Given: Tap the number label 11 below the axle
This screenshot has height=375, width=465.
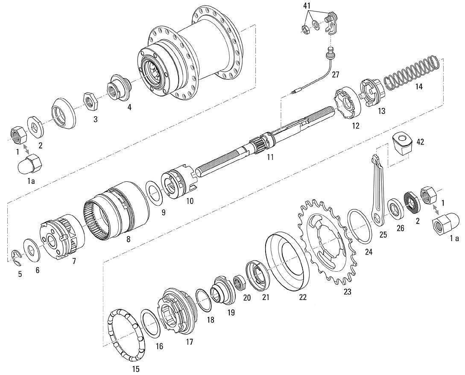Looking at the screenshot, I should (270, 157).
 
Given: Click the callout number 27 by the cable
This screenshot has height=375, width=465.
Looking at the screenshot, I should (335, 75).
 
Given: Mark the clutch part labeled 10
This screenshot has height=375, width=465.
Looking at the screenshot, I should (176, 183).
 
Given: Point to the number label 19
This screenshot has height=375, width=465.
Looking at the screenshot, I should (231, 312).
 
